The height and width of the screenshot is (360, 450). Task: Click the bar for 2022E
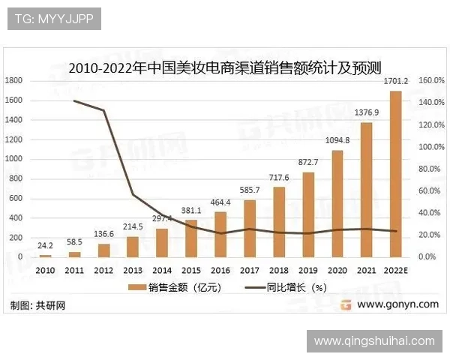(x=395, y=174)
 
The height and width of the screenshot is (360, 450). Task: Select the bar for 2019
(x=308, y=214)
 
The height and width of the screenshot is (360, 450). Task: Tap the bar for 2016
(x=220, y=234)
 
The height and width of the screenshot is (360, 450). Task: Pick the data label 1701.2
(x=395, y=81)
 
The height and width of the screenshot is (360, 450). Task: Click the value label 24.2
(x=45, y=244)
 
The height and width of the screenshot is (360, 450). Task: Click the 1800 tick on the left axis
(x=15, y=80)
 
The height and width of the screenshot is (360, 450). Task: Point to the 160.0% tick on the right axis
(x=430, y=80)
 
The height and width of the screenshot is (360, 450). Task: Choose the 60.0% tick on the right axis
(x=428, y=190)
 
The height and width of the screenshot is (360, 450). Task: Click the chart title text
(x=225, y=66)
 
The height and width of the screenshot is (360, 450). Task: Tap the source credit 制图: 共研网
(x=37, y=305)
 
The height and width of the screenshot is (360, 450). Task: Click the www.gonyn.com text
(x=397, y=304)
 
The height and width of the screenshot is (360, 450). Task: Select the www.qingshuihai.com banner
(x=374, y=341)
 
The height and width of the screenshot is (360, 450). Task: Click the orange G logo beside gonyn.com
(x=346, y=304)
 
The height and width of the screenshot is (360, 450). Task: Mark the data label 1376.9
(x=366, y=112)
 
